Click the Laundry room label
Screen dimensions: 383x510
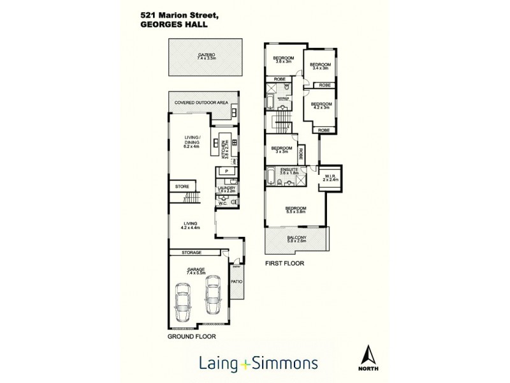point(226,189)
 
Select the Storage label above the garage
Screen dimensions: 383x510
point(192,252)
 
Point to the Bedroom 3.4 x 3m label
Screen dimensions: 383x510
point(320,66)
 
